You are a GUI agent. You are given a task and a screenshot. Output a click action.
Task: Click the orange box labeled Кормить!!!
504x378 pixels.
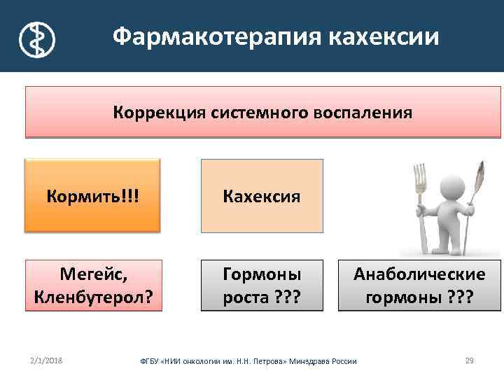(92, 195)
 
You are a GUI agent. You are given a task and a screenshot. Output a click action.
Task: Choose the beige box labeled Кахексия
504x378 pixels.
(262, 195)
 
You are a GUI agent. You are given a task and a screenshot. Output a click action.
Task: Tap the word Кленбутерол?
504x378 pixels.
(92, 298)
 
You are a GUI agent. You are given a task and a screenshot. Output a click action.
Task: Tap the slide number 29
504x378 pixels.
(469, 360)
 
